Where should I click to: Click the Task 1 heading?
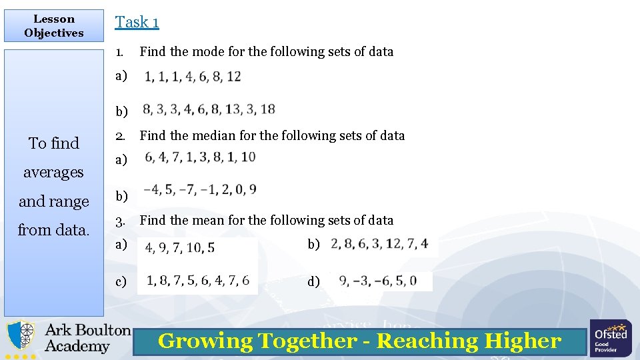(x=137, y=22)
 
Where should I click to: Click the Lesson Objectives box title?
(x=54, y=26)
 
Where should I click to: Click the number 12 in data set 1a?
(x=233, y=77)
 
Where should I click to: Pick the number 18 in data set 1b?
(x=268, y=109)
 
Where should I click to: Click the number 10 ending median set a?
(x=248, y=157)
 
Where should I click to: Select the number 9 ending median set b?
(x=252, y=189)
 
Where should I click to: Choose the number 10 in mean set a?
(x=193, y=248)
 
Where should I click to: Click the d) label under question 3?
(x=313, y=281)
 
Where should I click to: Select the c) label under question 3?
(x=121, y=281)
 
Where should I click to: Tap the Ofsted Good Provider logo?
(x=610, y=338)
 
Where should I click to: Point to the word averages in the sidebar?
(x=53, y=172)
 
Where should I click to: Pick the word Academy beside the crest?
(x=77, y=346)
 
